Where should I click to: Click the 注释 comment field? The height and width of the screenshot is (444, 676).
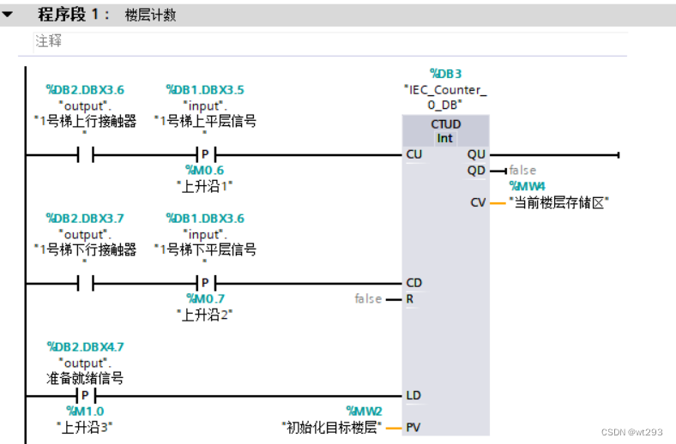tap(49, 41)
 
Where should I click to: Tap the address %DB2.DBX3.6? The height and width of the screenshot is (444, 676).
tap(84, 89)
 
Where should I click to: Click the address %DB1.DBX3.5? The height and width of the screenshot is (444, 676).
tap(204, 89)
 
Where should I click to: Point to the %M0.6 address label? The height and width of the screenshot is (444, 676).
tap(204, 171)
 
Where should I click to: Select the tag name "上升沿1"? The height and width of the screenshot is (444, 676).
tap(204, 185)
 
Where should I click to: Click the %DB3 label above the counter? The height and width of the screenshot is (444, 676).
tap(445, 75)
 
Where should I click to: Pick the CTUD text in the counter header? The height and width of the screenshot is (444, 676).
tap(445, 124)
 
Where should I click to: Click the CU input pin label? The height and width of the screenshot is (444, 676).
tap(413, 155)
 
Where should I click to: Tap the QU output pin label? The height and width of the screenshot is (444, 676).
tap(476, 155)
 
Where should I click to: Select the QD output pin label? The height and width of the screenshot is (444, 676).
tap(476, 171)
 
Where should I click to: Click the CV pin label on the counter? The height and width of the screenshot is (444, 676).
tap(478, 202)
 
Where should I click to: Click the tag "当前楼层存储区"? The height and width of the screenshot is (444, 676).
tap(558, 202)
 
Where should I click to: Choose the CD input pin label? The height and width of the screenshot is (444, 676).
tap(413, 283)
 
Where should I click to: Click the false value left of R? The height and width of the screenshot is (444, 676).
tap(368, 299)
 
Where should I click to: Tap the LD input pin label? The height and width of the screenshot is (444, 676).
tap(413, 395)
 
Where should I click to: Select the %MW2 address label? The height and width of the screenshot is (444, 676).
tap(364, 411)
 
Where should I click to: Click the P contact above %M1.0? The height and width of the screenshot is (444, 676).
tap(84, 395)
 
